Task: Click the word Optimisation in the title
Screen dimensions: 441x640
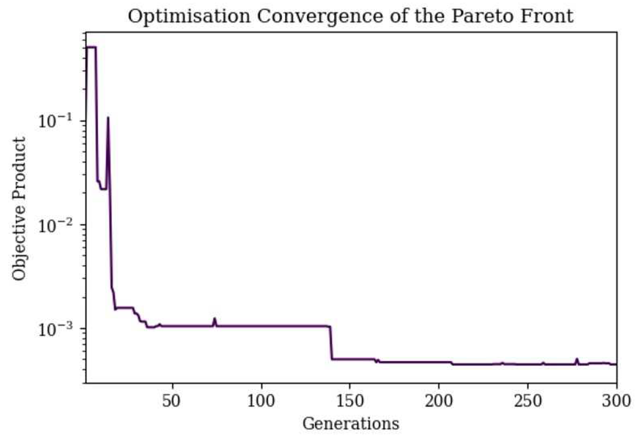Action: click(189, 16)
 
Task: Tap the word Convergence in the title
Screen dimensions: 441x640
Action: click(319, 16)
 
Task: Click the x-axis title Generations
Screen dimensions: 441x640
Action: click(351, 423)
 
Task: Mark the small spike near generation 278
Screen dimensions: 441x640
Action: click(577, 359)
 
